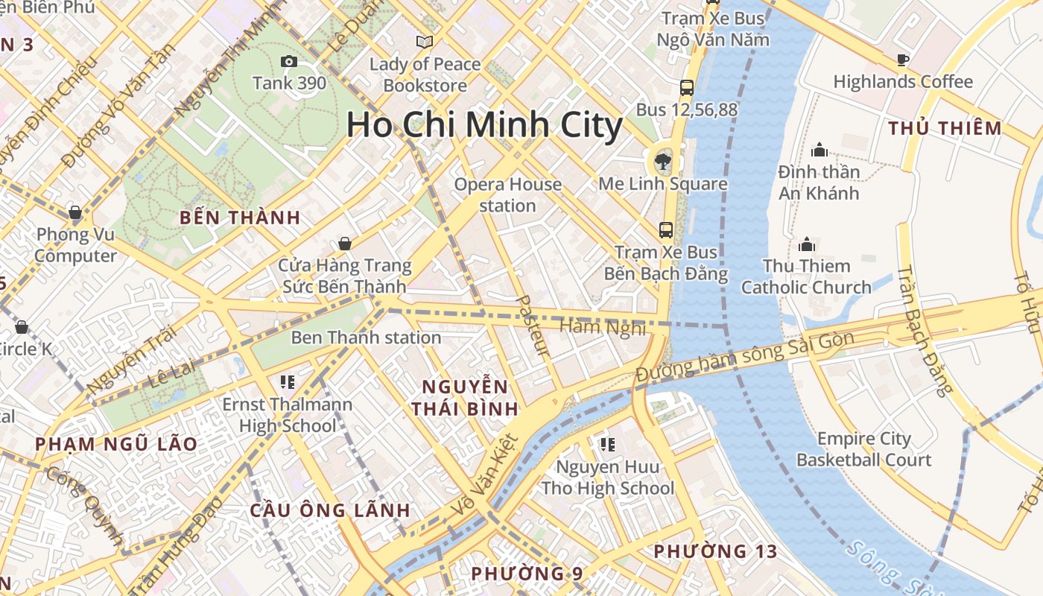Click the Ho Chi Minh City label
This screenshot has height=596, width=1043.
[484, 125]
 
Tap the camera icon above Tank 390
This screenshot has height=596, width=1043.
[289, 61]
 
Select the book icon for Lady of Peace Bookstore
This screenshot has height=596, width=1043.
[425, 42]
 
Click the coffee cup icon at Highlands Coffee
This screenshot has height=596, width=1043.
[903, 60]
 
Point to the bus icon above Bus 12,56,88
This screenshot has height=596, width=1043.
[687, 88]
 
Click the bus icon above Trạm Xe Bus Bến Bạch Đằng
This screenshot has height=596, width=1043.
[666, 229]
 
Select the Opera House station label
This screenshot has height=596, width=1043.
[508, 194]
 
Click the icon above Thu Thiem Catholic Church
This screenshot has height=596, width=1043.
[806, 244]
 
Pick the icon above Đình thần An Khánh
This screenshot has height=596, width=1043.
[819, 150]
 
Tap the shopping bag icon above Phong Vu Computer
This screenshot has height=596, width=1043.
[74, 212]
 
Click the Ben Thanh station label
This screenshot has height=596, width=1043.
[366, 337]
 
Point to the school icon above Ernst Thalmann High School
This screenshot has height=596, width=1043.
[288, 383]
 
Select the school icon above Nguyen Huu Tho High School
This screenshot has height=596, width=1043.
[607, 445]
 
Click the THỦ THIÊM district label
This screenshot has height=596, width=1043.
[945, 128]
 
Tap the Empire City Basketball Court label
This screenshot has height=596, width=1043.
[864, 449]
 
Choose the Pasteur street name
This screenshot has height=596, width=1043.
[532, 326]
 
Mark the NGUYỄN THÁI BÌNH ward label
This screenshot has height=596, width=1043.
[465, 398]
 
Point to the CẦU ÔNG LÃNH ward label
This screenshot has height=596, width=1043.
[330, 510]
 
